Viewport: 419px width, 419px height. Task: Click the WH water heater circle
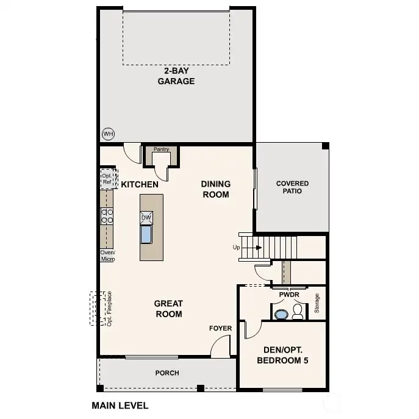tap(108, 134)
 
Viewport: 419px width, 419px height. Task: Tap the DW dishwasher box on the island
tap(146, 218)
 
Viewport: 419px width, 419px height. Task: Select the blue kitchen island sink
tap(146, 234)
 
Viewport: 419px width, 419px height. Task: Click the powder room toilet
tap(298, 311)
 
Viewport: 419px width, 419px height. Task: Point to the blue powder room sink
tap(281, 314)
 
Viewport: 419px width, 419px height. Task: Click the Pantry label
tap(161, 149)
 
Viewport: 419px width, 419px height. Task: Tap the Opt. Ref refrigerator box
tap(109, 179)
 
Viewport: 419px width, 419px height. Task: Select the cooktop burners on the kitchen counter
tap(107, 216)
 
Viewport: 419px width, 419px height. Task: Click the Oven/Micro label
tap(108, 256)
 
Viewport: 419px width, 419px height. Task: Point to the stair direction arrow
tap(251, 248)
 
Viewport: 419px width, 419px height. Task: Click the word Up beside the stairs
tap(236, 248)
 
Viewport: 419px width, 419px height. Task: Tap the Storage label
tap(317, 303)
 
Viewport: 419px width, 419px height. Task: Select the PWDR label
tap(289, 295)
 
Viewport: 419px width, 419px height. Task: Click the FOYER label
tap(220, 328)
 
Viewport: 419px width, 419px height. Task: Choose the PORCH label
tap(167, 373)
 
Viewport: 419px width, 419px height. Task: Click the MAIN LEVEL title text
tap(120, 406)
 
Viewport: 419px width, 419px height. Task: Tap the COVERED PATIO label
tap(292, 187)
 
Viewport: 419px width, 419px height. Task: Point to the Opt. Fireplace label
tap(109, 309)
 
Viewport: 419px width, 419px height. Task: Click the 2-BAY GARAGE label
tap(176, 76)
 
